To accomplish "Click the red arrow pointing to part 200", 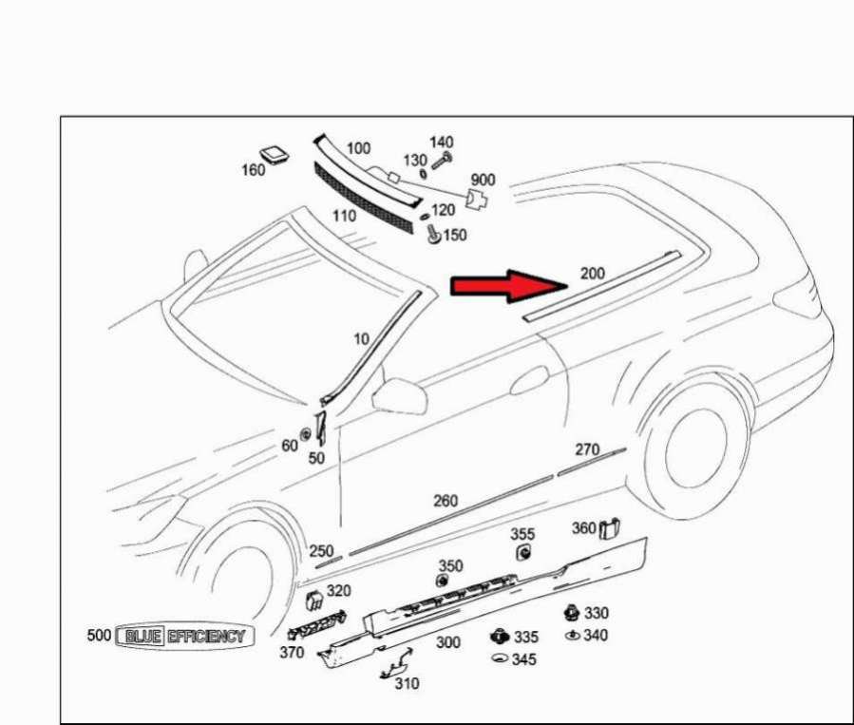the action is click(509, 286).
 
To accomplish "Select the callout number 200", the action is click(593, 273).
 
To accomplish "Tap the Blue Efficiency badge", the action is click(185, 637).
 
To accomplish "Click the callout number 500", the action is click(99, 635).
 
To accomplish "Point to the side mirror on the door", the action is click(399, 395).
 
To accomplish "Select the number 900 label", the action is click(483, 180).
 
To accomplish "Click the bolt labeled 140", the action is click(443, 161).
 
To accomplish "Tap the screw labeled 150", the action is click(434, 234).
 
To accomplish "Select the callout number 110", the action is click(344, 217).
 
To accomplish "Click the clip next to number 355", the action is click(524, 552).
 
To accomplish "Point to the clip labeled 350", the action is click(442, 581).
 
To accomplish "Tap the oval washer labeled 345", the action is click(500, 658).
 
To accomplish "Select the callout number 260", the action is click(445, 501).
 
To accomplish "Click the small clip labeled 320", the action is click(314, 600).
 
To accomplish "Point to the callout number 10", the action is click(362, 339).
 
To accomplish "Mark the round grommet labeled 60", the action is click(306, 434).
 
